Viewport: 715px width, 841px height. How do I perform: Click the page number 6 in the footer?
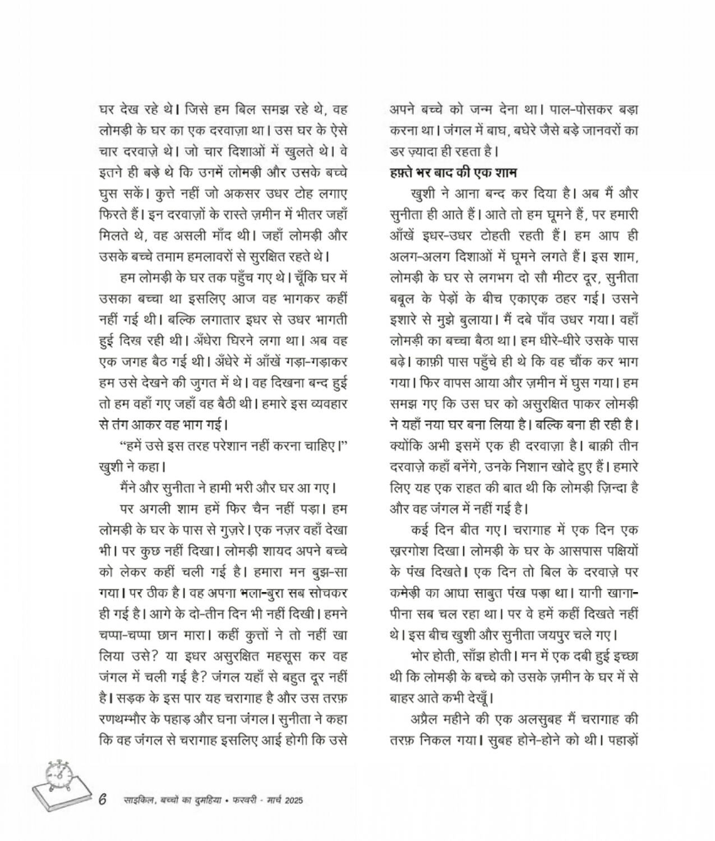pyautogui.click(x=103, y=800)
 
